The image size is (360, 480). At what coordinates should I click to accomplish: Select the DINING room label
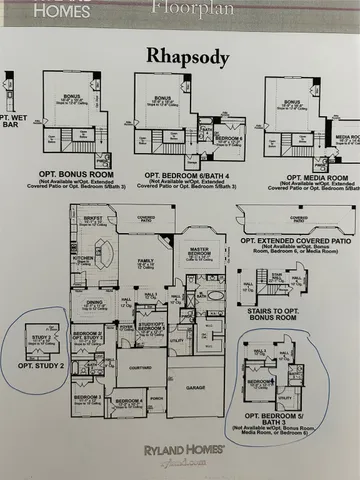95,302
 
